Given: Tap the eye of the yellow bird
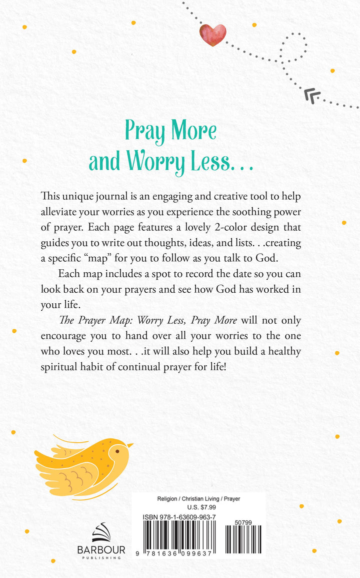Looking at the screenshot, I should click(117, 451).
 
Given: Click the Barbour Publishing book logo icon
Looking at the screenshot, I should click(101, 532).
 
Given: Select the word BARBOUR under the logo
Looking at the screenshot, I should click(101, 549).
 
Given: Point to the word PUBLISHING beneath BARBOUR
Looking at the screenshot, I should click(101, 557).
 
